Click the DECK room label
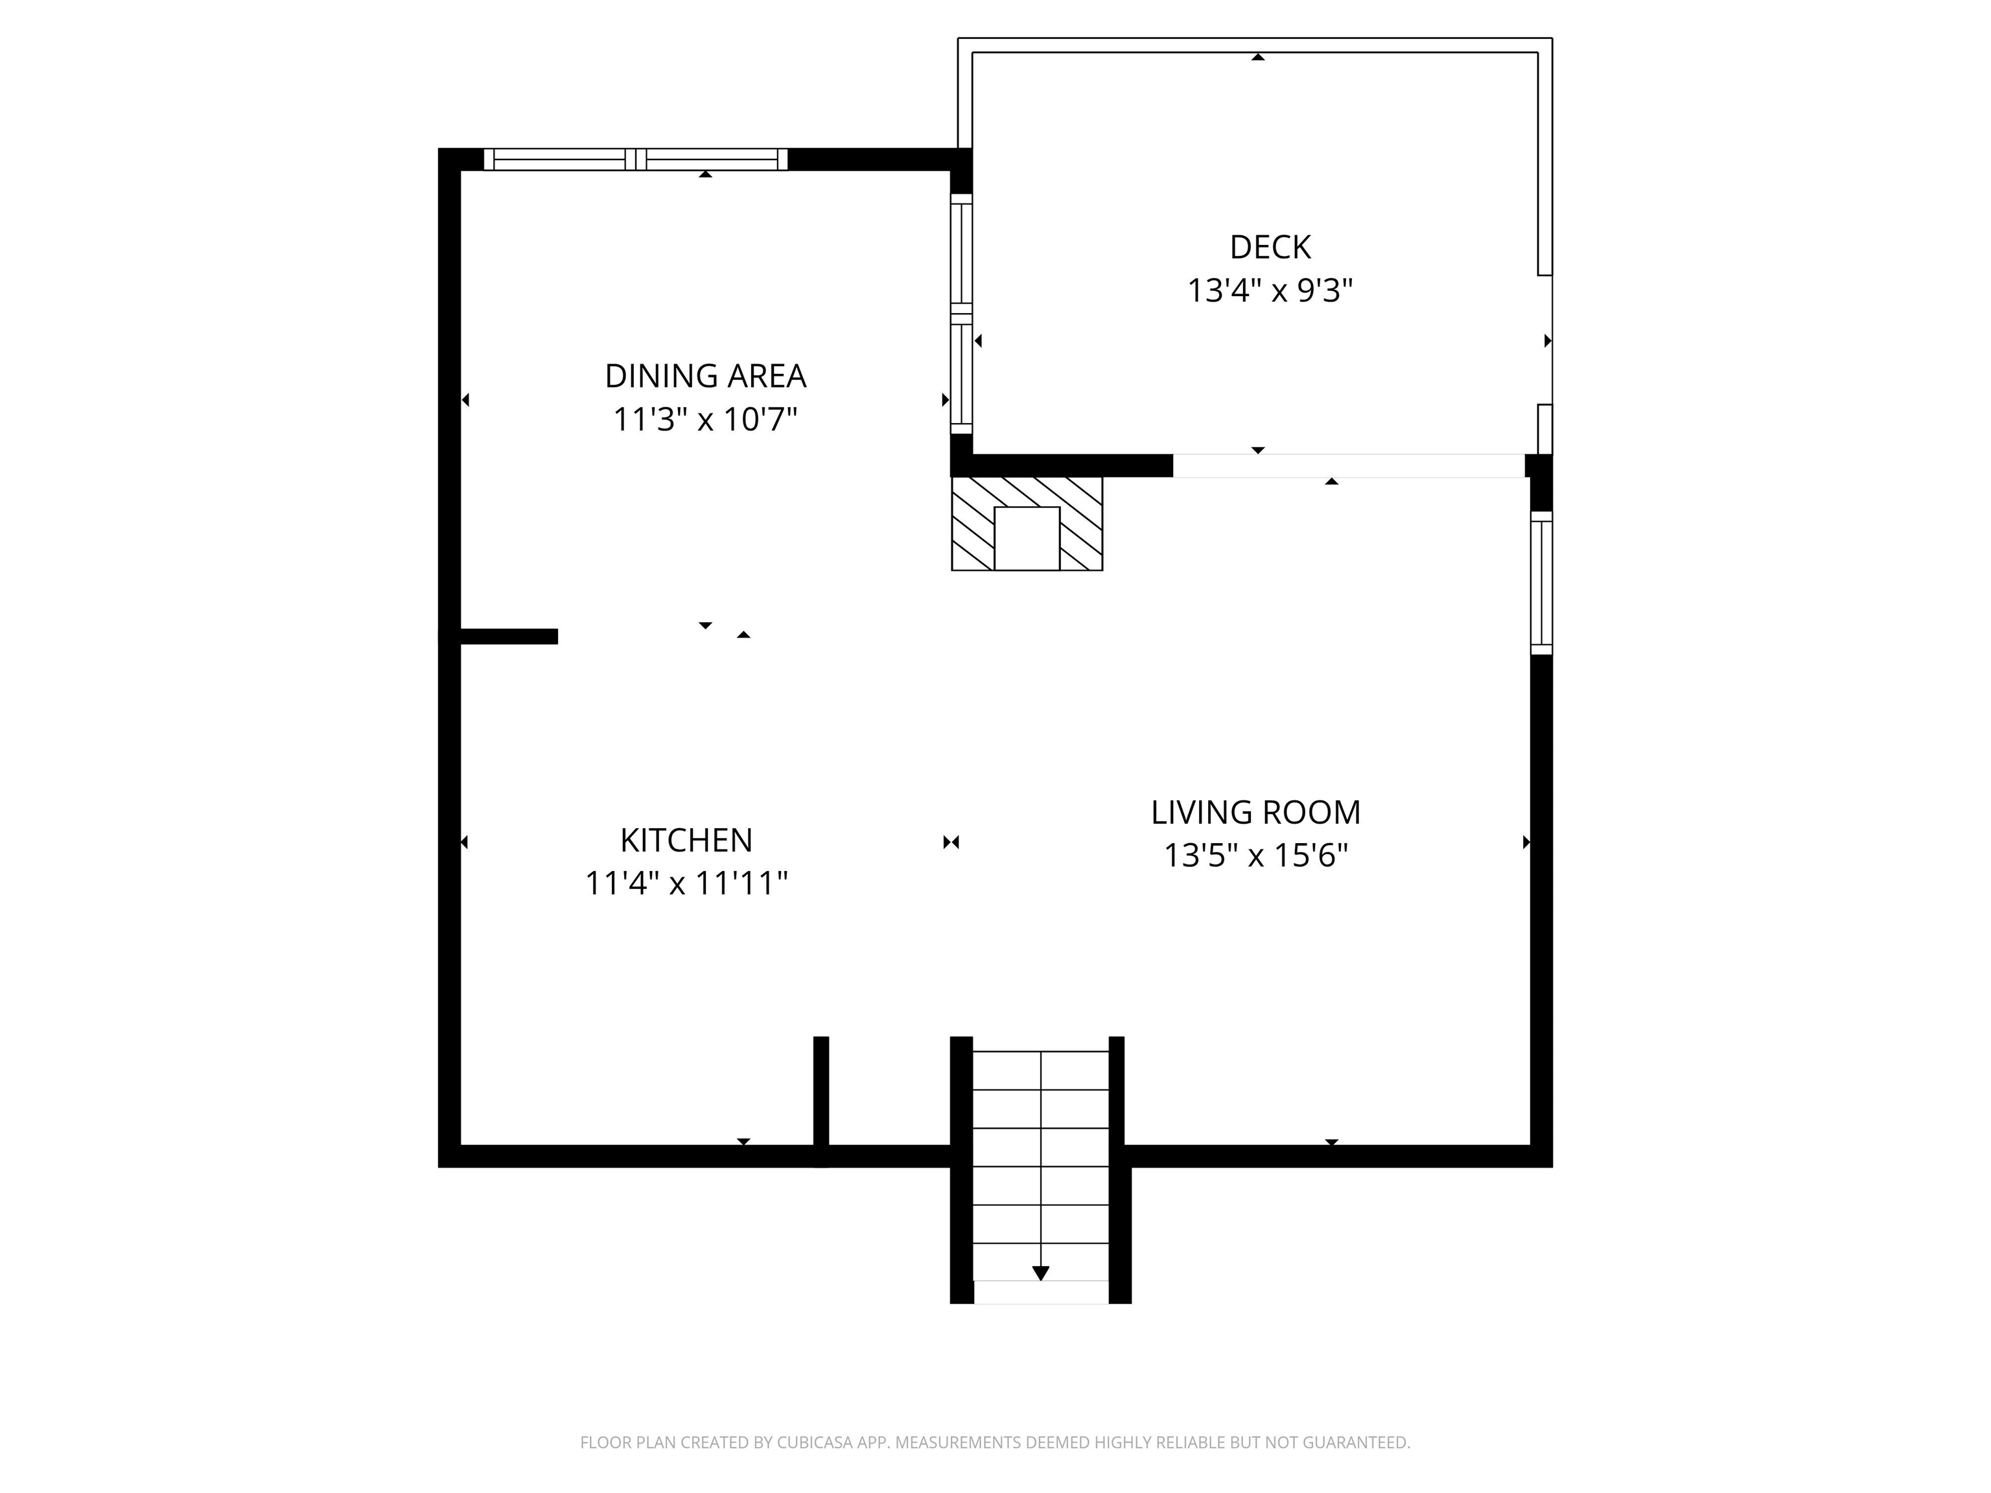(1270, 247)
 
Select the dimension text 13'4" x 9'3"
(1270, 291)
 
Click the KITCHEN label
(686, 840)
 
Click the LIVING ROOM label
(1255, 812)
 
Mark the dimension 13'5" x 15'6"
(1255, 855)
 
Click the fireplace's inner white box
(1026, 537)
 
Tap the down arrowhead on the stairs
(1040, 1273)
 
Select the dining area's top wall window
(635, 159)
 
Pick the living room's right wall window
(1541, 583)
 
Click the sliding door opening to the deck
(1347, 465)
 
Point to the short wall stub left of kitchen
(509, 636)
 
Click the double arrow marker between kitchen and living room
(951, 842)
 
